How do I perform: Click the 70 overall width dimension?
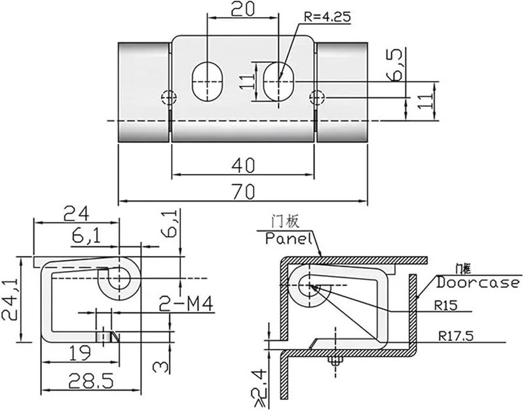click(x=243, y=191)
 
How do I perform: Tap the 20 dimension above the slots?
click(x=243, y=9)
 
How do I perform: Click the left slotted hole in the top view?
click(x=208, y=81)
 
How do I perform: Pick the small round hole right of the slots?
click(x=318, y=98)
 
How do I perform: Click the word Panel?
click(x=287, y=239)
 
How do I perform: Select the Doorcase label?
click(x=478, y=283)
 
